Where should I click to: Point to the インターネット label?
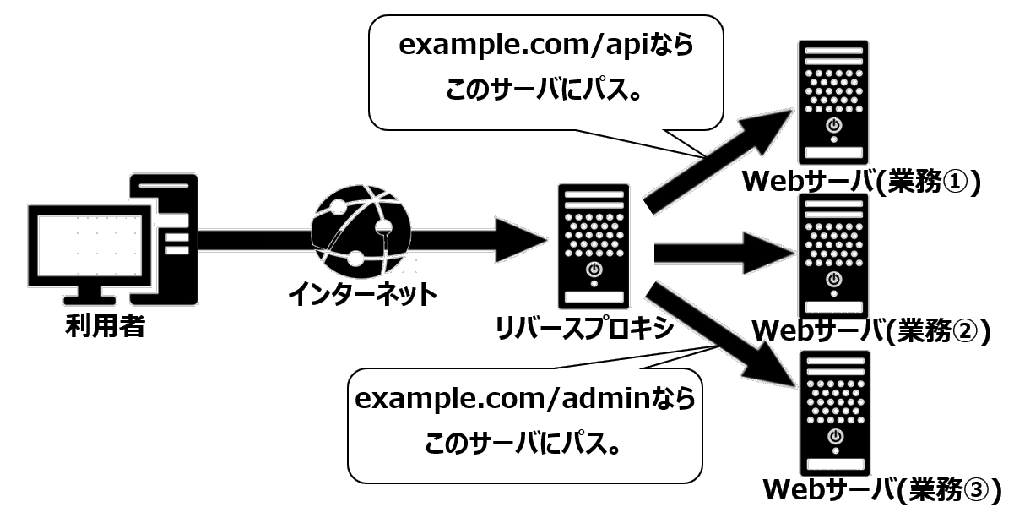point(363,294)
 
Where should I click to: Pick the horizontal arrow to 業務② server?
point(726,251)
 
